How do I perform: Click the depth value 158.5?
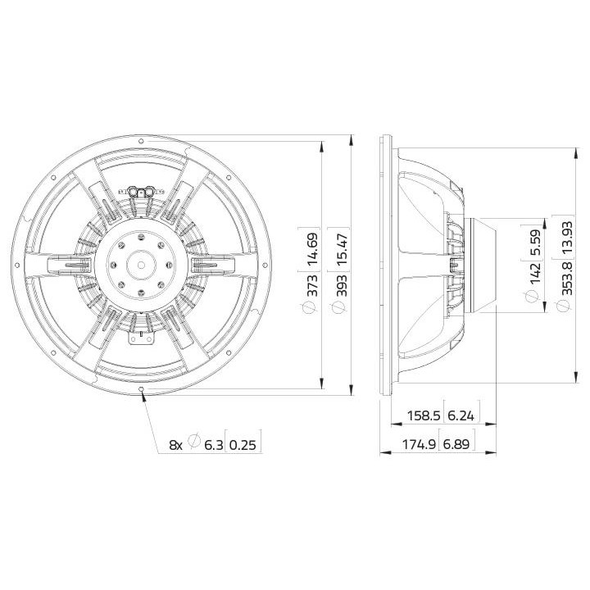[x=424, y=416]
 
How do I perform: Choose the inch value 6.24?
[x=461, y=416]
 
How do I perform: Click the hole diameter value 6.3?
[x=213, y=444]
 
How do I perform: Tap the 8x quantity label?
[x=175, y=444]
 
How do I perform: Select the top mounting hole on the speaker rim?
[x=143, y=140]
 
